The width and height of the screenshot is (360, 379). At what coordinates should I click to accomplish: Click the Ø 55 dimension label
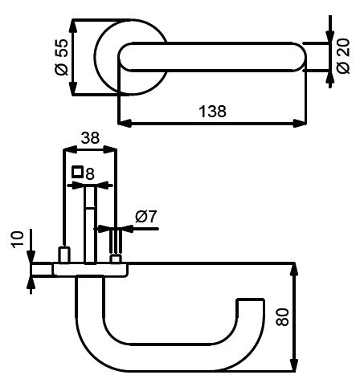click(x=62, y=57)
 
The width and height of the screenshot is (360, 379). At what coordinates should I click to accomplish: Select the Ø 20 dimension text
click(x=343, y=56)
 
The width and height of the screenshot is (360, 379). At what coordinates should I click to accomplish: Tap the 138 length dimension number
click(x=212, y=112)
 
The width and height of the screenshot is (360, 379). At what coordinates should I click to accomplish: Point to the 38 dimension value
click(x=90, y=138)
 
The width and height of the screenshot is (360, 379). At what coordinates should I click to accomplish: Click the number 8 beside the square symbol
click(x=90, y=174)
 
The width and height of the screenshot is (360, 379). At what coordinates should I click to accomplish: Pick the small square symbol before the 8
click(x=77, y=172)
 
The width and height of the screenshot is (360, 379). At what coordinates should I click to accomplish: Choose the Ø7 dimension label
click(x=145, y=217)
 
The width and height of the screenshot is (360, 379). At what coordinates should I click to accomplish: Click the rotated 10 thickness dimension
click(x=18, y=240)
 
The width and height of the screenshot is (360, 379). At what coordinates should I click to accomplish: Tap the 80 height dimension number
click(x=283, y=317)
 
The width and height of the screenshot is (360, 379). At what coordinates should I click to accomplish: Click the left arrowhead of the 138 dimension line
click(x=125, y=124)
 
